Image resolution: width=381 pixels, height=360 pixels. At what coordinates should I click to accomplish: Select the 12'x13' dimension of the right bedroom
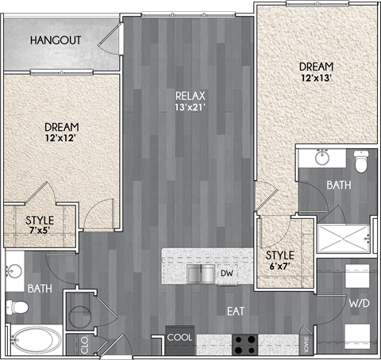click(x=316, y=79)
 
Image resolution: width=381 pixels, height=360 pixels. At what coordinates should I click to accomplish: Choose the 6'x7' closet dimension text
click(x=279, y=268)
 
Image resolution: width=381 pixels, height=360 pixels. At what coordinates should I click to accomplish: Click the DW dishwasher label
click(x=226, y=274)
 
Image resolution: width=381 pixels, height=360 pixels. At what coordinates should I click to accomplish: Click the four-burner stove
click(x=244, y=344)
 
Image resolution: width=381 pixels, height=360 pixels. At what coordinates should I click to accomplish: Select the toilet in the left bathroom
click(x=15, y=306)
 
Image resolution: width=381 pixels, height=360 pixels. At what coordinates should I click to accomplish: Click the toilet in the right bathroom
click(x=361, y=163)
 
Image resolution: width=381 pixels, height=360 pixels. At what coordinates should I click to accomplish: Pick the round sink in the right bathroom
click(x=321, y=157)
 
